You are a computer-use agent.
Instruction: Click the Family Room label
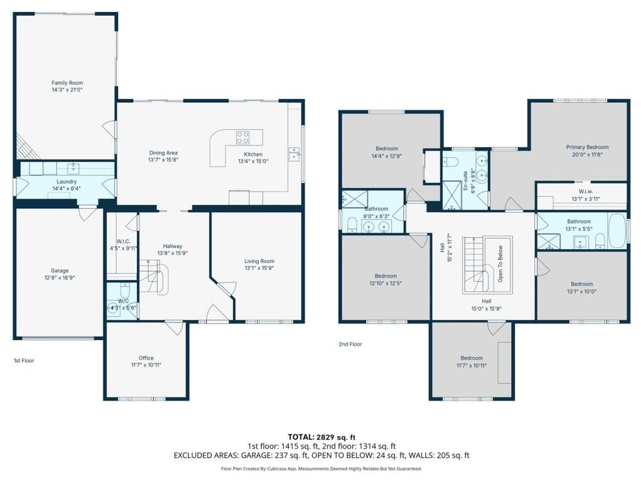[x=67, y=83]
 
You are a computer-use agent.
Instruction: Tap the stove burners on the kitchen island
[x=242, y=137]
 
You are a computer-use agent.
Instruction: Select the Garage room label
[x=60, y=270]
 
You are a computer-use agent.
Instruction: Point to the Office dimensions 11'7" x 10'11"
[x=146, y=365]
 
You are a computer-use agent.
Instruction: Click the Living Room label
[x=259, y=261]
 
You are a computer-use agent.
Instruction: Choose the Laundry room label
[x=67, y=181]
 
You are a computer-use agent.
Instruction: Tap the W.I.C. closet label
[x=123, y=242]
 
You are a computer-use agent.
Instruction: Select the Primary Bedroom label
[x=587, y=147]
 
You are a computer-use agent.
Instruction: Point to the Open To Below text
[x=500, y=264]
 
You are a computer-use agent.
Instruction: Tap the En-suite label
[x=465, y=181]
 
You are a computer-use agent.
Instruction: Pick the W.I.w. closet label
[x=586, y=191]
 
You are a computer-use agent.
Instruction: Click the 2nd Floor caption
[x=350, y=345]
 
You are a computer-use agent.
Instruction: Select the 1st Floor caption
[x=24, y=361]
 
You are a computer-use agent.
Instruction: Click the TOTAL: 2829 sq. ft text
[x=318, y=437]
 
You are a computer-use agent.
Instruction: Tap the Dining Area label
[x=163, y=153]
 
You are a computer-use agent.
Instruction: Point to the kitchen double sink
[x=294, y=154]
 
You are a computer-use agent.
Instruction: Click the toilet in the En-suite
[x=450, y=162]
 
